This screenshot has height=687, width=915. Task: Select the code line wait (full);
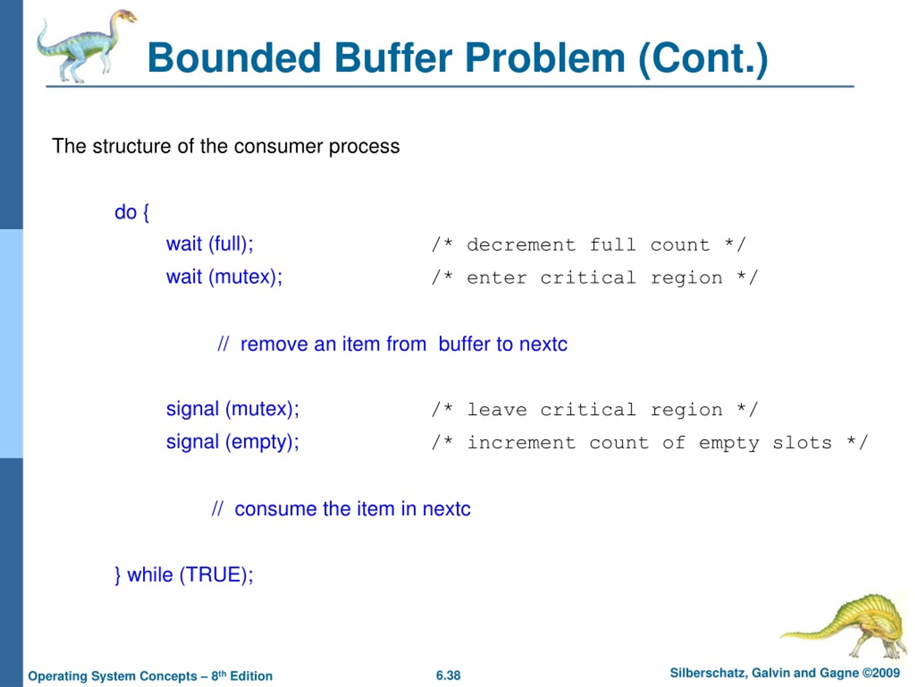click(209, 244)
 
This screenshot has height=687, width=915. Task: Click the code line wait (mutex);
click(224, 277)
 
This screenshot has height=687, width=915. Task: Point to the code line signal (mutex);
click(232, 409)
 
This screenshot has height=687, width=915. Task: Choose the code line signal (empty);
click(232, 442)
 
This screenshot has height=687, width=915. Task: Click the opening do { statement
click(132, 213)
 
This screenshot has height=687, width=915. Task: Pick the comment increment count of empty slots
click(649, 443)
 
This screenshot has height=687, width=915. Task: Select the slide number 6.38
click(448, 676)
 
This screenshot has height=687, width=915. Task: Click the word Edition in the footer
click(251, 676)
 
